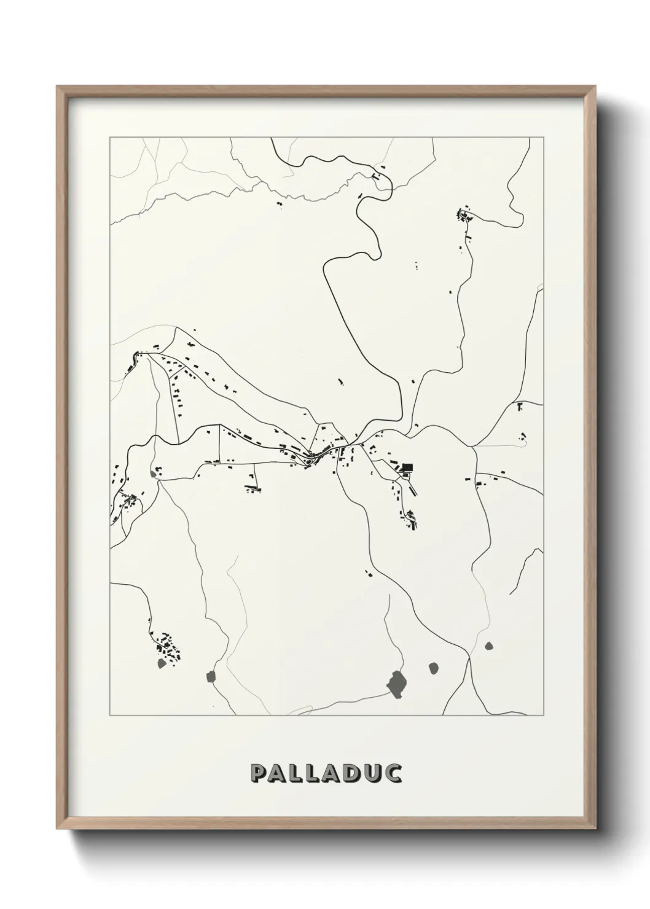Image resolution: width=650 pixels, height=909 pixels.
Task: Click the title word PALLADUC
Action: point(326,773)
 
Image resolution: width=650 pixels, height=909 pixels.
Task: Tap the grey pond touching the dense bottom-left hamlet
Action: point(162,663)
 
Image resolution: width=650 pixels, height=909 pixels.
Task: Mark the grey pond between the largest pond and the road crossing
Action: point(434,666)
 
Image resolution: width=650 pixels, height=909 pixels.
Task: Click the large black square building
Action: point(407,467)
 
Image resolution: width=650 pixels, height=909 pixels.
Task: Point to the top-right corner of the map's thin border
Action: point(543,138)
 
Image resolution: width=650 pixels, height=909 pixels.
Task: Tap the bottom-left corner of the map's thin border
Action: point(110,716)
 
